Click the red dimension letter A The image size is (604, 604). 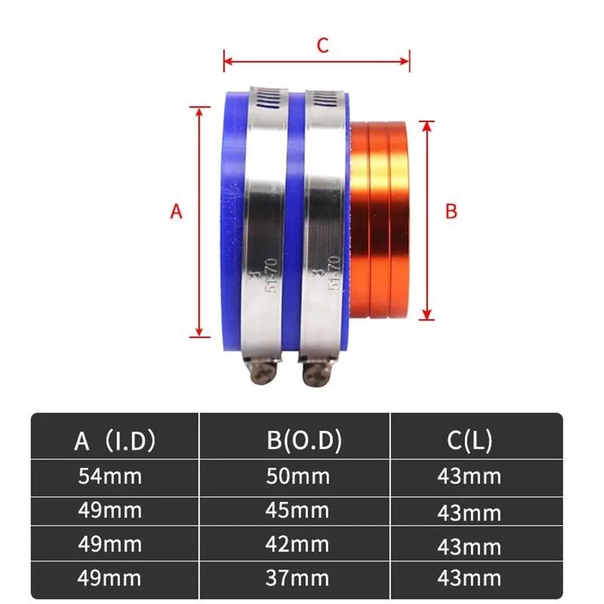tap(176, 211)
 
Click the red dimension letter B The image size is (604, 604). tap(451, 211)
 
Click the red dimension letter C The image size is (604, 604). tap(322, 46)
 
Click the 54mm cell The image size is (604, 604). tap(110, 476)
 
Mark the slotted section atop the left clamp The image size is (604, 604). tap(268, 99)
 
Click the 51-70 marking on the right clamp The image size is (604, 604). tap(333, 272)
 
